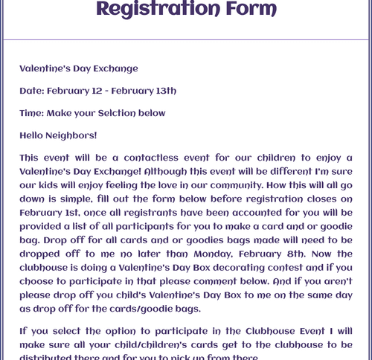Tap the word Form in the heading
(249, 9)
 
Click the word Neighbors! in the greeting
(72, 135)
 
